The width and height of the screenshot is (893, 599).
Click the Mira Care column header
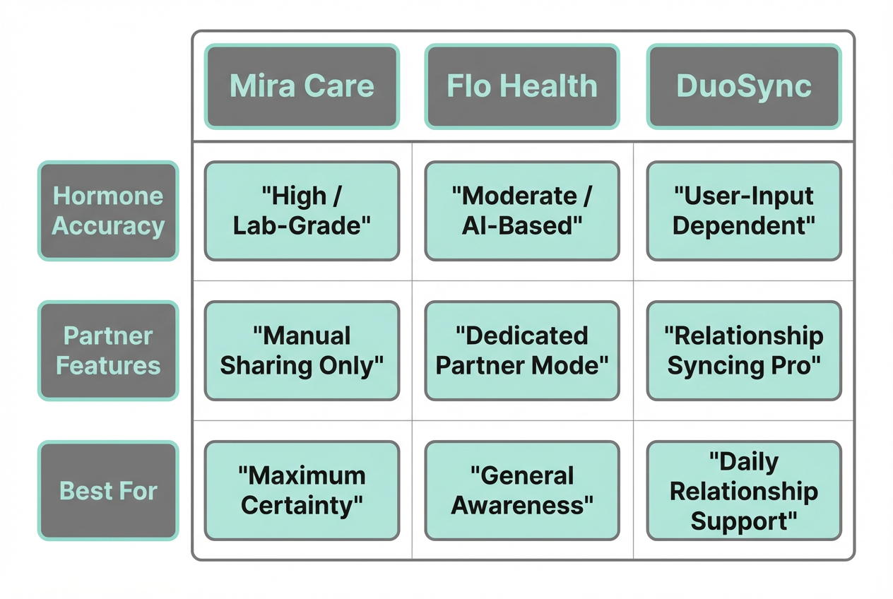pos(302,86)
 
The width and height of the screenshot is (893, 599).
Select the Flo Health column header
pos(522,86)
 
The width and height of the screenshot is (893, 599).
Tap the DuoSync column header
pos(744,86)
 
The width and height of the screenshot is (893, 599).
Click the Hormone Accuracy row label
pos(108,210)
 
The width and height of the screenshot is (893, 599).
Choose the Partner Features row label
pos(108,350)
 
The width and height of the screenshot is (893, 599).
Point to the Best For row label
pos(108,490)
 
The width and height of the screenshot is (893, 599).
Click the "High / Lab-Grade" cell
pos(302,210)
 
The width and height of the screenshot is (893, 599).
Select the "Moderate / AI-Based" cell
pos(522,210)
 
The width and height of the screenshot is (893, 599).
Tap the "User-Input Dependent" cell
pos(744,210)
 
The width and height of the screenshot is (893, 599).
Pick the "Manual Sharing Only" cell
pos(302,350)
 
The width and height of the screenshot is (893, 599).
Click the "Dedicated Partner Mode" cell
pos(522,350)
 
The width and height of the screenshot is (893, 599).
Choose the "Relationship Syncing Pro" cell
pos(744,350)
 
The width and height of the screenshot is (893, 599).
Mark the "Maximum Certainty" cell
pos(302,490)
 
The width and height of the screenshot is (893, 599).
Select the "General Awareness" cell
pos(522,490)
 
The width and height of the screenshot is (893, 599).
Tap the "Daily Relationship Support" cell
pos(744,490)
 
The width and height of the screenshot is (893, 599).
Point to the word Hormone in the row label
pos(108,196)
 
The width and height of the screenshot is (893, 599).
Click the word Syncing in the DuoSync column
pos(714,366)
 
